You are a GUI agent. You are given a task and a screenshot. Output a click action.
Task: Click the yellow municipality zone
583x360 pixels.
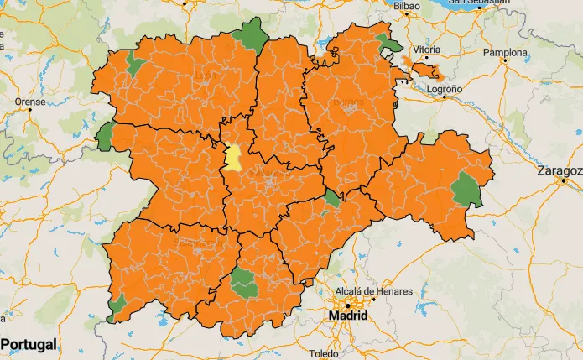(232, 158)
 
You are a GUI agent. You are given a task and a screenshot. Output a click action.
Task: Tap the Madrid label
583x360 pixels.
(346, 316)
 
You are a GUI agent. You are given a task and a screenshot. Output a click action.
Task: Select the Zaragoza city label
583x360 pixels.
(560, 171)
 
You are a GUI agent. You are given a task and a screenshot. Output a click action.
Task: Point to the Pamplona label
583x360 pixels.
(506, 53)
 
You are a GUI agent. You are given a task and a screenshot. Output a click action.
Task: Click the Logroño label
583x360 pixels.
(445, 88)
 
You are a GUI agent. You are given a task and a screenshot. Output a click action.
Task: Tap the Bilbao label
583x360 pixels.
(406, 6)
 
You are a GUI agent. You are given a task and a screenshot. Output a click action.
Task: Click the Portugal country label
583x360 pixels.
(29, 344)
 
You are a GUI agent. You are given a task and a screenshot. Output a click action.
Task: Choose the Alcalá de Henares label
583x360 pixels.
(374, 291)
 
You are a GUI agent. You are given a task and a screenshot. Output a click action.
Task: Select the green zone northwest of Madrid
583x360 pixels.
(244, 283)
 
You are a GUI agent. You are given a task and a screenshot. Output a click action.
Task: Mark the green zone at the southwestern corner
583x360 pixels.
(117, 306)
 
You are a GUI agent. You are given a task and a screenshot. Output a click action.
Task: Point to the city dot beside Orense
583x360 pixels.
(30, 112)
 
